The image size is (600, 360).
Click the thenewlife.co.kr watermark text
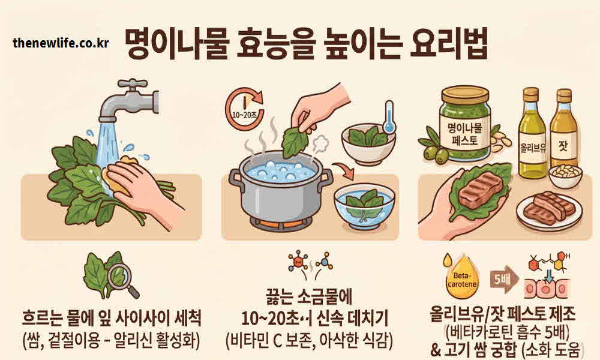click(x=61, y=43)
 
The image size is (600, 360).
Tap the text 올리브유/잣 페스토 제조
click(x=502, y=313)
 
